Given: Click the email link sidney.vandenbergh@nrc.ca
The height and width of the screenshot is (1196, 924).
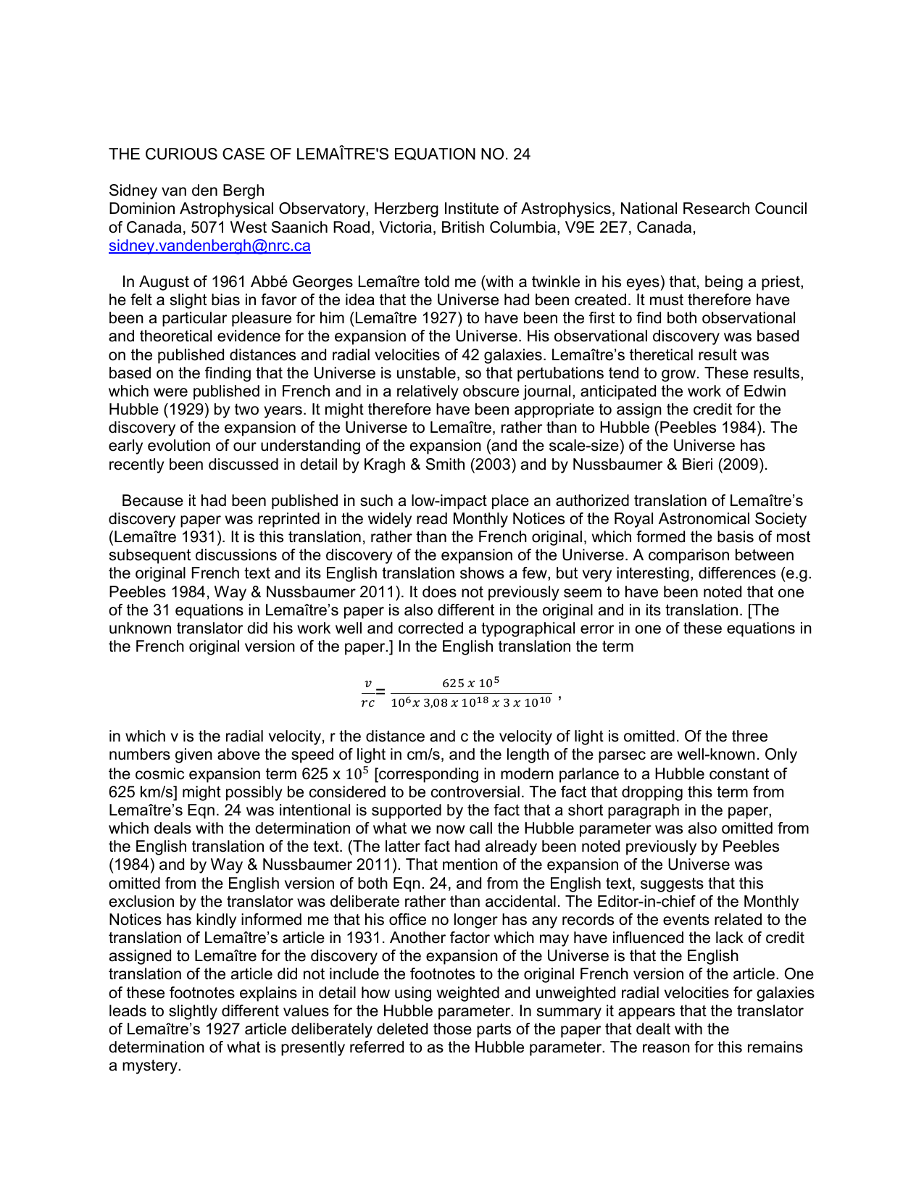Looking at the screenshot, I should [x=209, y=246].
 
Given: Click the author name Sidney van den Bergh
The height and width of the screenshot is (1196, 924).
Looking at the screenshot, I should [x=186, y=191].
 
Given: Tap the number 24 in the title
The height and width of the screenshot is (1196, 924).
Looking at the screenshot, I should [x=521, y=154].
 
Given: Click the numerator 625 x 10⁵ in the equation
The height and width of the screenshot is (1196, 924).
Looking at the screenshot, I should [x=471, y=683].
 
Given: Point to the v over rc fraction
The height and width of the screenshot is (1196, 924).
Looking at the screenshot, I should [x=368, y=693].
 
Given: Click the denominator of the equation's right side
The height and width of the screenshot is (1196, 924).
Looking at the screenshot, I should [x=471, y=702].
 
